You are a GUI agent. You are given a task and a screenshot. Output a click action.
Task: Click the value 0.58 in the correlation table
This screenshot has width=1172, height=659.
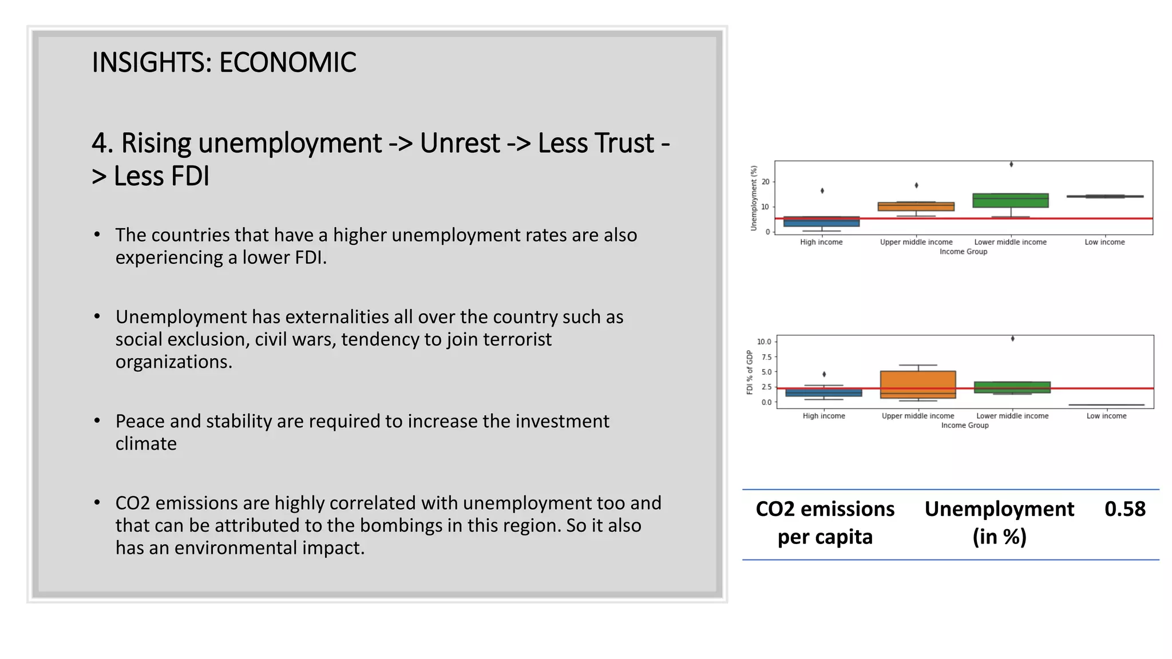(x=1125, y=509)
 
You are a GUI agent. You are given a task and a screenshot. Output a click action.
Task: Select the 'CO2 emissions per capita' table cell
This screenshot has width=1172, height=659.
(x=825, y=523)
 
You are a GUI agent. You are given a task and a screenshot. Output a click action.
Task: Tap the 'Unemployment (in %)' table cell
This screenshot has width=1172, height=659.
(x=999, y=523)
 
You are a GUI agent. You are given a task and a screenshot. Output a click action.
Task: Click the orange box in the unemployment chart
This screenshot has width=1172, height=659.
(x=916, y=207)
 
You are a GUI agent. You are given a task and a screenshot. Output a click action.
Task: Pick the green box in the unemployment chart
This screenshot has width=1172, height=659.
(x=1011, y=201)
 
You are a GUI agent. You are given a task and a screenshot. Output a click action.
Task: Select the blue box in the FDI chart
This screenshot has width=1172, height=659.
(x=823, y=392)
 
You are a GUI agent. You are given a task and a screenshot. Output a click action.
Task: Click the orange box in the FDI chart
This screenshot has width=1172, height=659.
(x=918, y=384)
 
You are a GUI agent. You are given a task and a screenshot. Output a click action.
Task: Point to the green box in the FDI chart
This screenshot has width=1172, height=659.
(x=1012, y=387)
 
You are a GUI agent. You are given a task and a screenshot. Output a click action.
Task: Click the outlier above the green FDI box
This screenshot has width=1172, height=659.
(x=1012, y=339)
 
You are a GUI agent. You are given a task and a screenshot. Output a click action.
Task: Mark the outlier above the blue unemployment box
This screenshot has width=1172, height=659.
(x=822, y=191)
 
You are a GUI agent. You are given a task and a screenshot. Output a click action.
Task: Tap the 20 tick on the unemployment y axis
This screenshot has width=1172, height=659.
(x=765, y=182)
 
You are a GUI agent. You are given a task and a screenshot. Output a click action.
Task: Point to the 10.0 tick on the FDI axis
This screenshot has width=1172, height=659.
(x=764, y=342)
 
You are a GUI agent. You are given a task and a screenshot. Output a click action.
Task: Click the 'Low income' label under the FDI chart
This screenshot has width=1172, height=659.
(x=1106, y=416)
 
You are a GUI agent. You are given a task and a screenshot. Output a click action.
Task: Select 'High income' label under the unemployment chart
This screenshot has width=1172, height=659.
(x=821, y=242)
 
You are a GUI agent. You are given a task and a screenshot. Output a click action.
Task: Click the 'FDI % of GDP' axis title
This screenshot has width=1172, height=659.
(x=750, y=372)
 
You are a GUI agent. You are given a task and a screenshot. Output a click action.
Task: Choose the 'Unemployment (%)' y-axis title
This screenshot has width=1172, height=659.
(x=754, y=198)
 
